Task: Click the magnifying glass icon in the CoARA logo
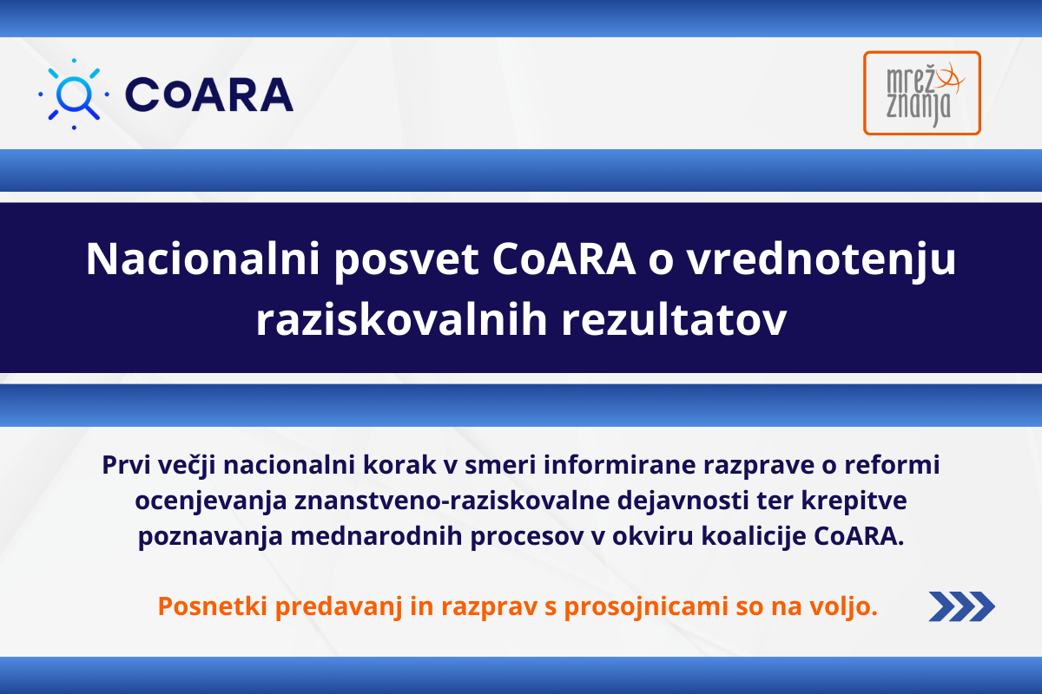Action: tap(75, 94)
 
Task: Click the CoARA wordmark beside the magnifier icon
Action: tap(209, 95)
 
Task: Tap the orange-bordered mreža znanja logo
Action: tap(922, 93)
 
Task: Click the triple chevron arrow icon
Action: tap(961, 606)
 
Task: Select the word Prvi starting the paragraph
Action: tap(126, 465)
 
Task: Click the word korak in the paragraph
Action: tap(399, 465)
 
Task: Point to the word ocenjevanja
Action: tap(211, 501)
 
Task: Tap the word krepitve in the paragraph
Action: tap(854, 501)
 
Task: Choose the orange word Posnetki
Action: tap(213, 606)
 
